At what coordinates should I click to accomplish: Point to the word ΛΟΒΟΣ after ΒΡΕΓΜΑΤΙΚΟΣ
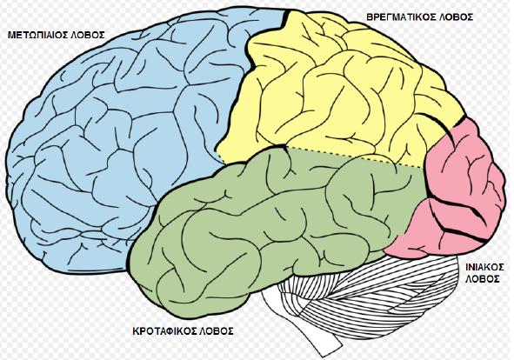point(456,17)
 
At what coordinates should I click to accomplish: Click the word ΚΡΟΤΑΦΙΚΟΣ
point(164,330)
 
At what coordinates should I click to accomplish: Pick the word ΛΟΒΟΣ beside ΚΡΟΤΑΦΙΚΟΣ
point(217,330)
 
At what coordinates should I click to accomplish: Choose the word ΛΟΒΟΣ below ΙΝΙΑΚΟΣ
point(483,279)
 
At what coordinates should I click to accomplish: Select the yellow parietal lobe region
point(328,92)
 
